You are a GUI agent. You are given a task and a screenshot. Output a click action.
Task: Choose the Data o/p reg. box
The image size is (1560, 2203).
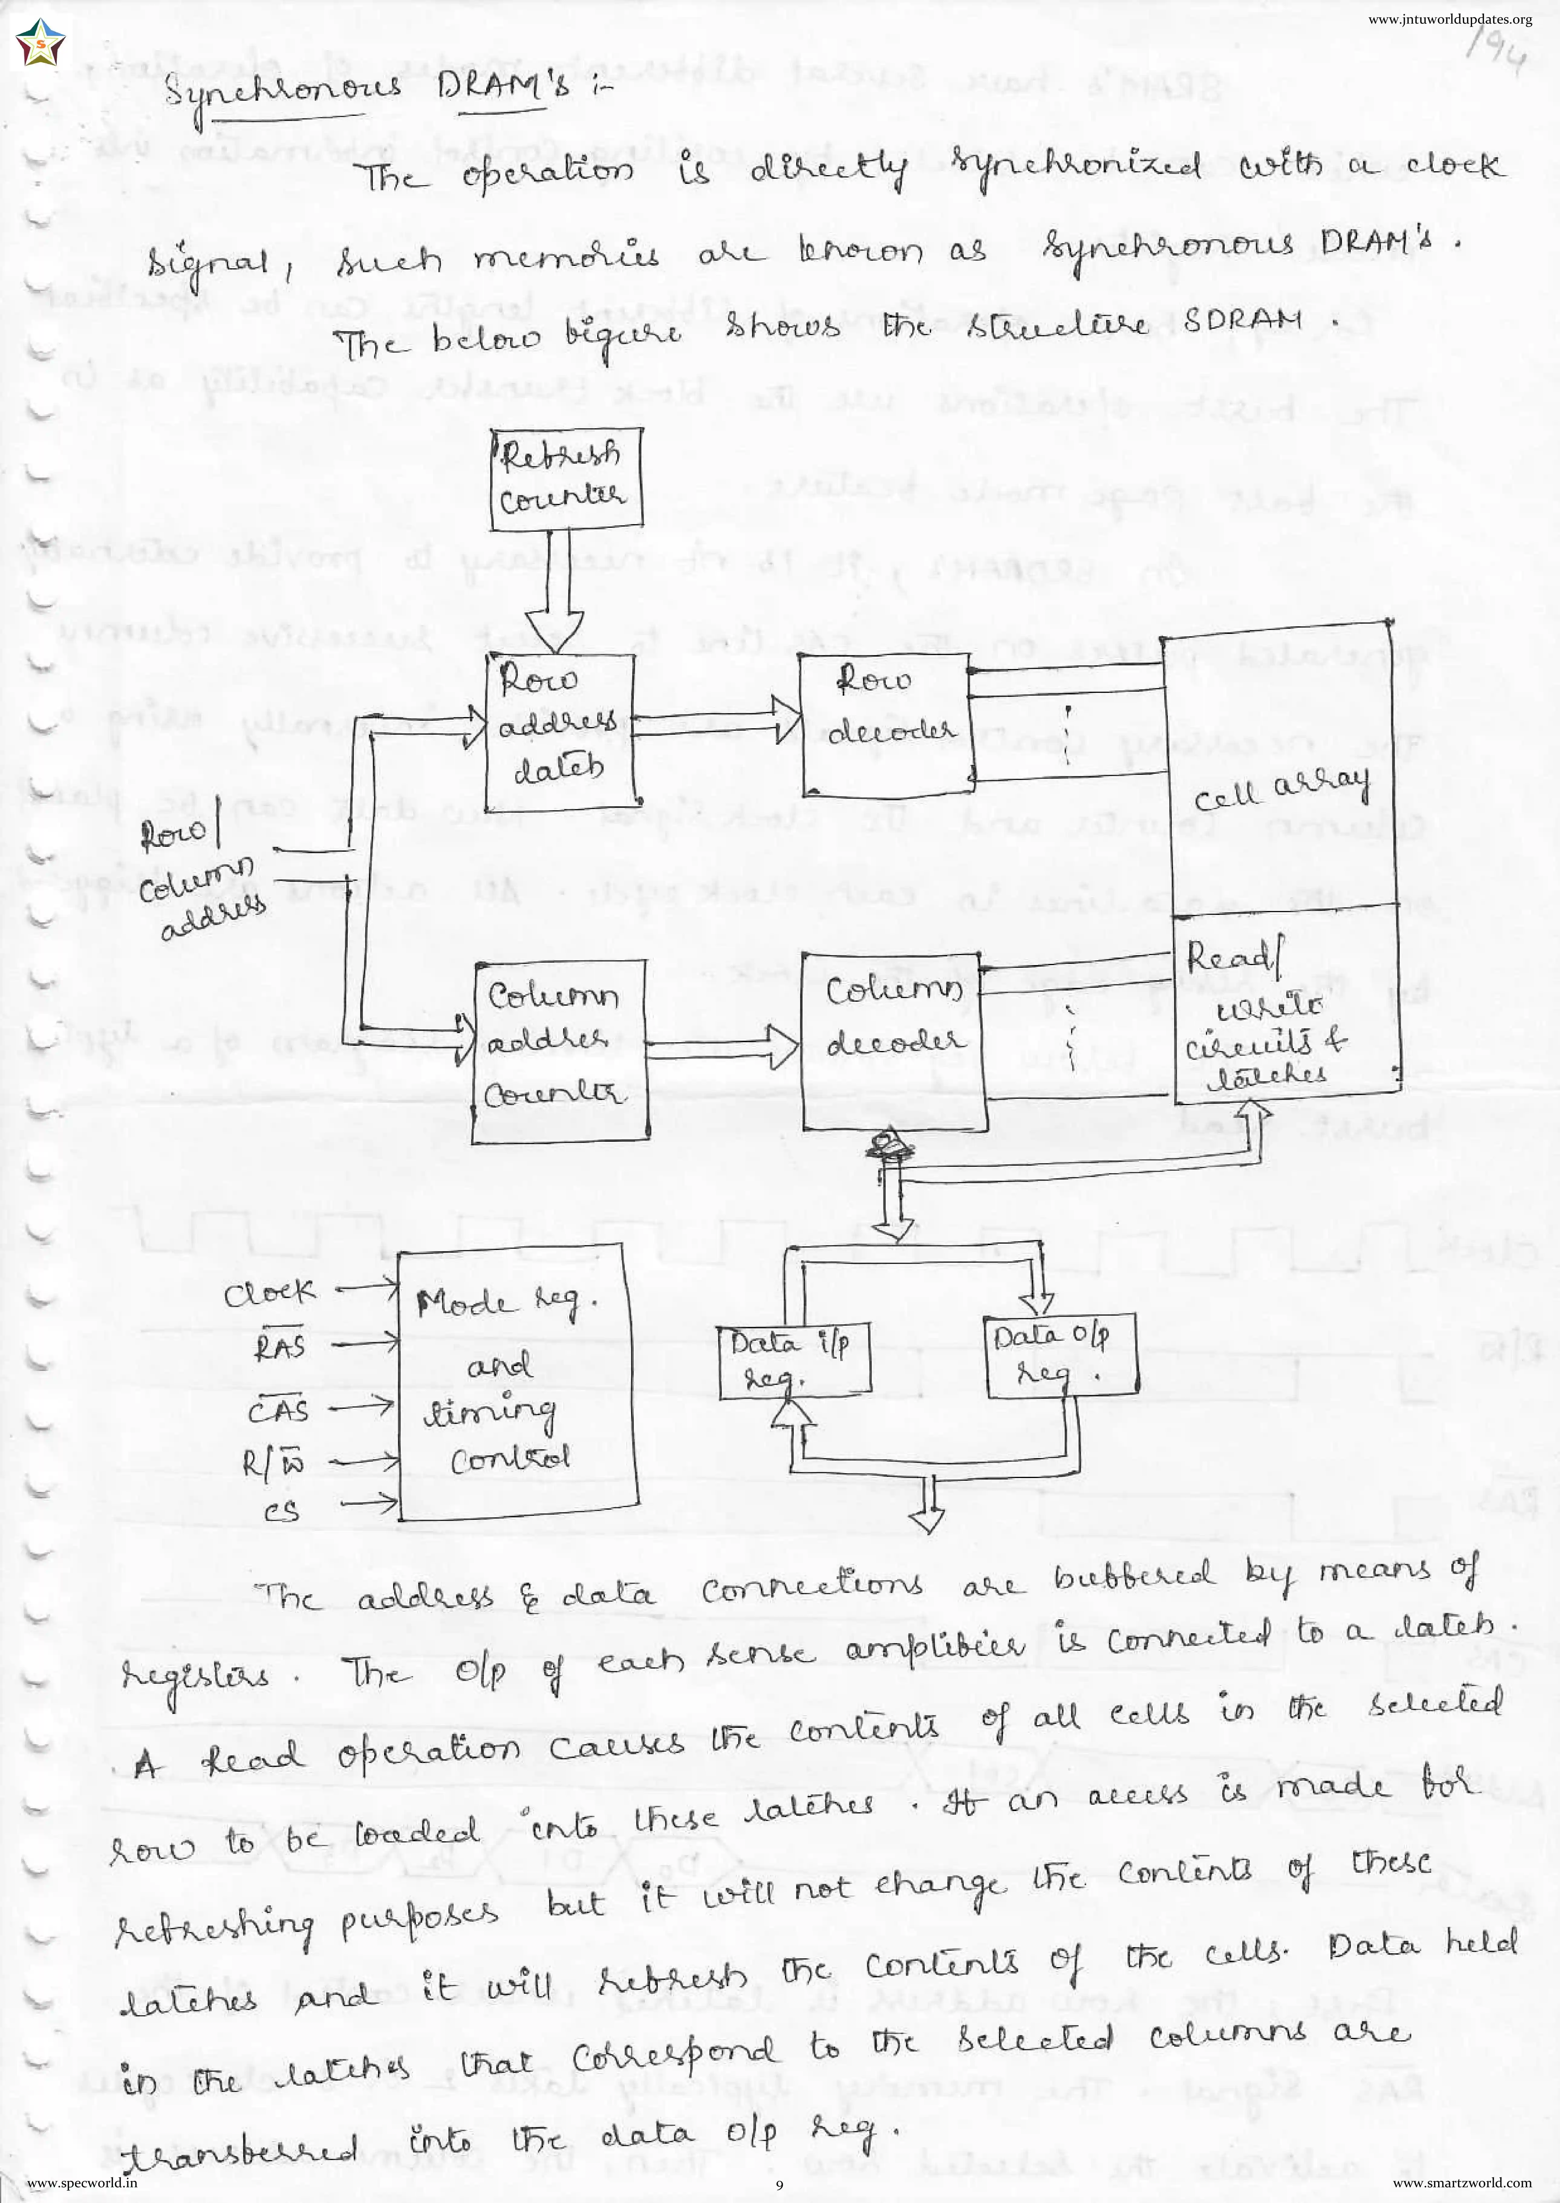pyautogui.click(x=1061, y=1355)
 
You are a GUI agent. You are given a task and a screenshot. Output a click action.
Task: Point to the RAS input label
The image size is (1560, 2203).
pyautogui.click(x=278, y=1347)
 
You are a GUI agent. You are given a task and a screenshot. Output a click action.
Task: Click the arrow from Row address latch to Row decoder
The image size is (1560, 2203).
pyautogui.click(x=716, y=728)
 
